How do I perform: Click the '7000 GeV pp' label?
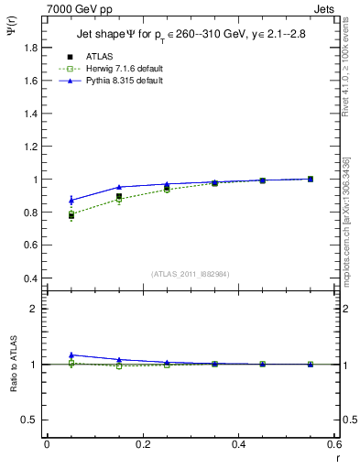(x=75, y=8)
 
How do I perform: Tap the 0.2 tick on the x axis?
(x=142, y=444)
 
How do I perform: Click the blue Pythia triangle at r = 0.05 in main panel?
(x=71, y=200)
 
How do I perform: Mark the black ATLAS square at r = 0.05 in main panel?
(x=71, y=216)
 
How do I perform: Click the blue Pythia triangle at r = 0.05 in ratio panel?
(x=71, y=354)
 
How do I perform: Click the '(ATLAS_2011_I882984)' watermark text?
(x=190, y=273)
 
